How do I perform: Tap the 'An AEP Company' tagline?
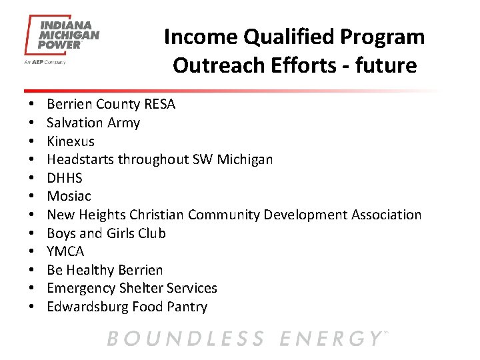click(x=45, y=62)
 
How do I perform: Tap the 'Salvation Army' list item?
click(x=93, y=123)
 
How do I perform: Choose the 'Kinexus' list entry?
click(x=71, y=141)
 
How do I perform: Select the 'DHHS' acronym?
click(x=65, y=178)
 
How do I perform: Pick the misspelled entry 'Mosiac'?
click(x=69, y=196)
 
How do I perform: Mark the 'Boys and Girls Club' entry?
click(x=106, y=233)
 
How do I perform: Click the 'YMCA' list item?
click(x=65, y=251)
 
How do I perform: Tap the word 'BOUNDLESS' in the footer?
click(x=185, y=339)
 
